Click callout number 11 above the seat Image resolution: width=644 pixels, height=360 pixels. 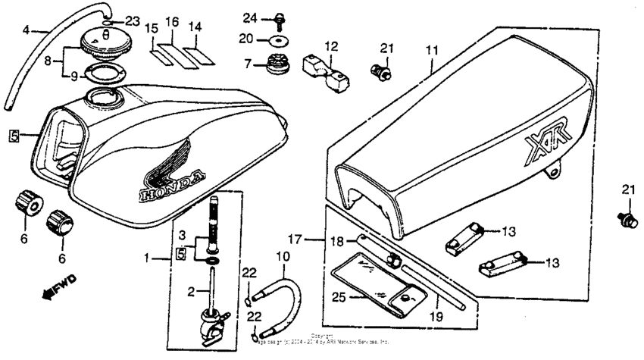click(x=431, y=49)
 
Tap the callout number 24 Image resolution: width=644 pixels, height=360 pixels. click(x=251, y=17)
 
